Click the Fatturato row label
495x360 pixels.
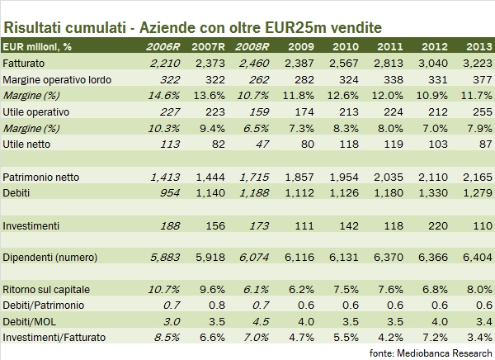[x=25, y=63]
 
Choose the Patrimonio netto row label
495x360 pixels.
[x=38, y=177]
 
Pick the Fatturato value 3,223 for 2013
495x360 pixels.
[x=473, y=63]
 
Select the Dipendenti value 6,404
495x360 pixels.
[x=473, y=257]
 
